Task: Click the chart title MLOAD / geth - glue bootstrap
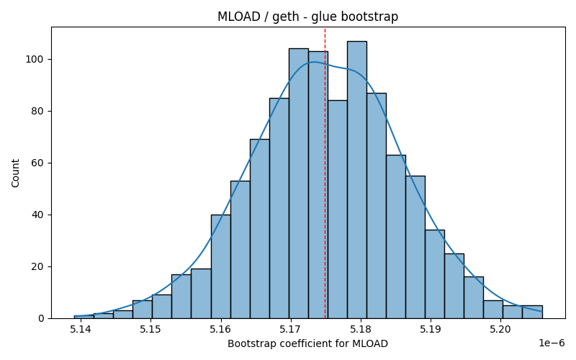coord(308,17)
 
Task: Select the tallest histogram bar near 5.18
coord(356,179)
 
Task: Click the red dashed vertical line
coord(325,173)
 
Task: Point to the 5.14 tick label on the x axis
coord(80,329)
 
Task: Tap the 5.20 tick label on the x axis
coord(500,329)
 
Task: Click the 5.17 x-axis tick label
coord(290,329)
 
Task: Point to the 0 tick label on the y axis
coord(40,318)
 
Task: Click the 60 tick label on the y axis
coord(37,163)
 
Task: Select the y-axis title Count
coord(15,173)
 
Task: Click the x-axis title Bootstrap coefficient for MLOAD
coord(308,344)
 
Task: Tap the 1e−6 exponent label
coord(552,343)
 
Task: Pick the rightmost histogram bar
coord(532,312)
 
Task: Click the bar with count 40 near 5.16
coord(221,266)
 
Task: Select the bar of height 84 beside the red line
coord(337,210)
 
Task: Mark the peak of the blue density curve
coord(313,62)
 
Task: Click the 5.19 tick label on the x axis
coord(430,329)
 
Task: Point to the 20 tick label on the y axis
coord(37,266)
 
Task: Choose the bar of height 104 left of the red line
coord(299,184)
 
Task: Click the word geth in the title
coord(285,17)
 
